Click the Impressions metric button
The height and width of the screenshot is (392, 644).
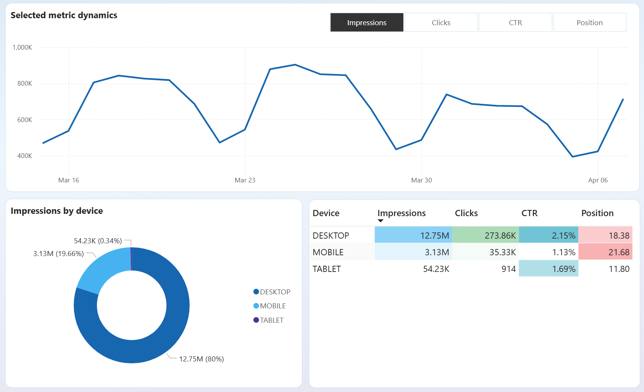click(x=367, y=22)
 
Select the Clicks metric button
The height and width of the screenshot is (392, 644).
click(x=441, y=22)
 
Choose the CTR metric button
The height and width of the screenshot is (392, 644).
click(x=515, y=22)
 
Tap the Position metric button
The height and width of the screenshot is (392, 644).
click(x=589, y=22)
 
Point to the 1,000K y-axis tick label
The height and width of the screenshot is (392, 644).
click(x=22, y=47)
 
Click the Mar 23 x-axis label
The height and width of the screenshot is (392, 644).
click(x=245, y=180)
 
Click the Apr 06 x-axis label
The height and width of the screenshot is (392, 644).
click(x=598, y=180)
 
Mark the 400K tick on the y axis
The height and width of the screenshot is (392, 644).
click(x=25, y=156)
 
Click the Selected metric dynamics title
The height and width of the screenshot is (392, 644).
click(x=64, y=15)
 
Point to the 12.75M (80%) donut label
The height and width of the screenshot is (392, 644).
click(x=201, y=359)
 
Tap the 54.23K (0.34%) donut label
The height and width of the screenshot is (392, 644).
click(x=98, y=241)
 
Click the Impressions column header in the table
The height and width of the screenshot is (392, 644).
click(x=401, y=213)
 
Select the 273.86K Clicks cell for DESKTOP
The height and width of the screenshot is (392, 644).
click(x=485, y=235)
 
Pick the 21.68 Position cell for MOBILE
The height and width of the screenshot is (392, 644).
click(x=605, y=252)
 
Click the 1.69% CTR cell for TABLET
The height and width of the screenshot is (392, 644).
click(x=548, y=269)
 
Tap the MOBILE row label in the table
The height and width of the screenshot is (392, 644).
click(x=328, y=252)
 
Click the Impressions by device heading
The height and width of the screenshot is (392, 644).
click(x=57, y=211)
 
